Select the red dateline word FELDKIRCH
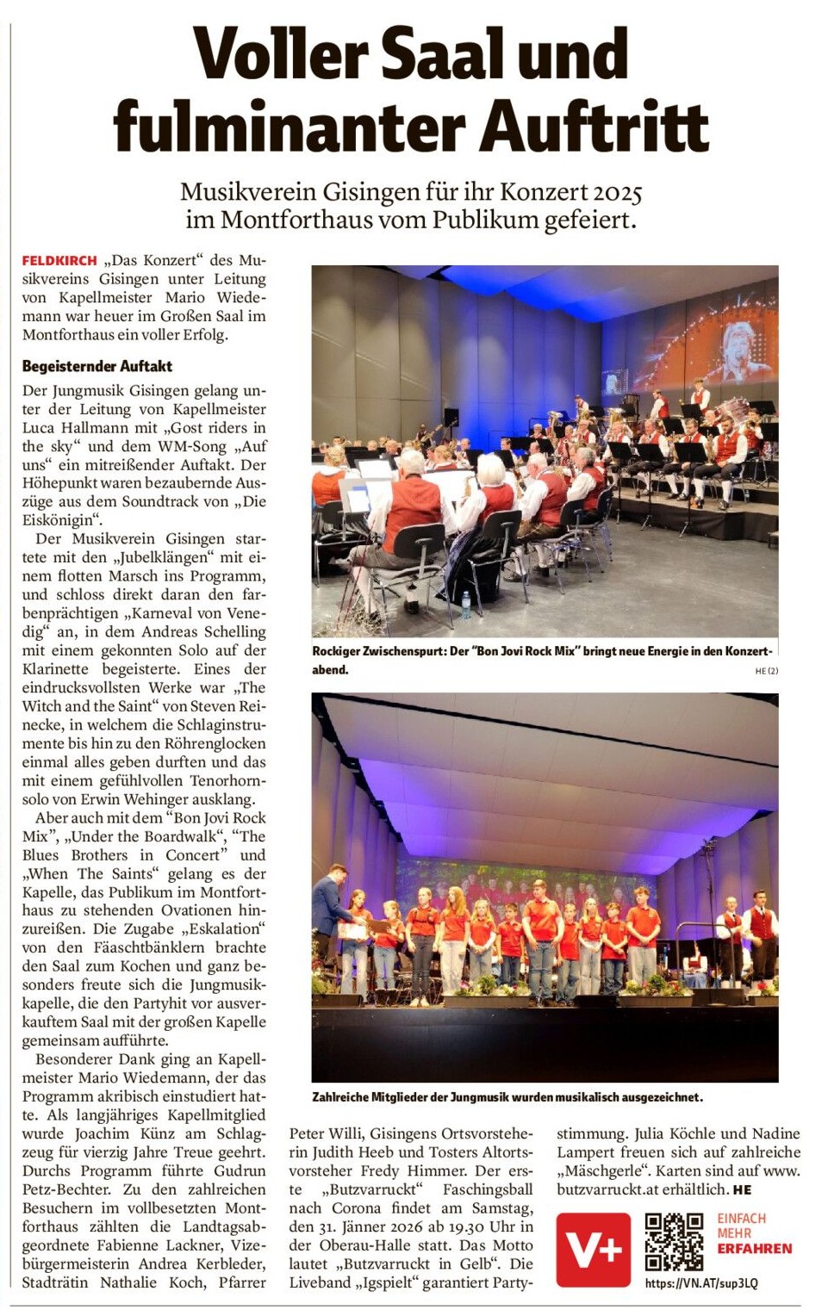59,260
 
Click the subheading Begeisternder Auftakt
97,366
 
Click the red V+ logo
593,1249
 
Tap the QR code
674,1242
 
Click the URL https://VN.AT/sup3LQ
701,1283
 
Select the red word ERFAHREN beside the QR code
754,1248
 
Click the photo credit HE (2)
766,671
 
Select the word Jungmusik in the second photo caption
480,1097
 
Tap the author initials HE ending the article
742,1189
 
